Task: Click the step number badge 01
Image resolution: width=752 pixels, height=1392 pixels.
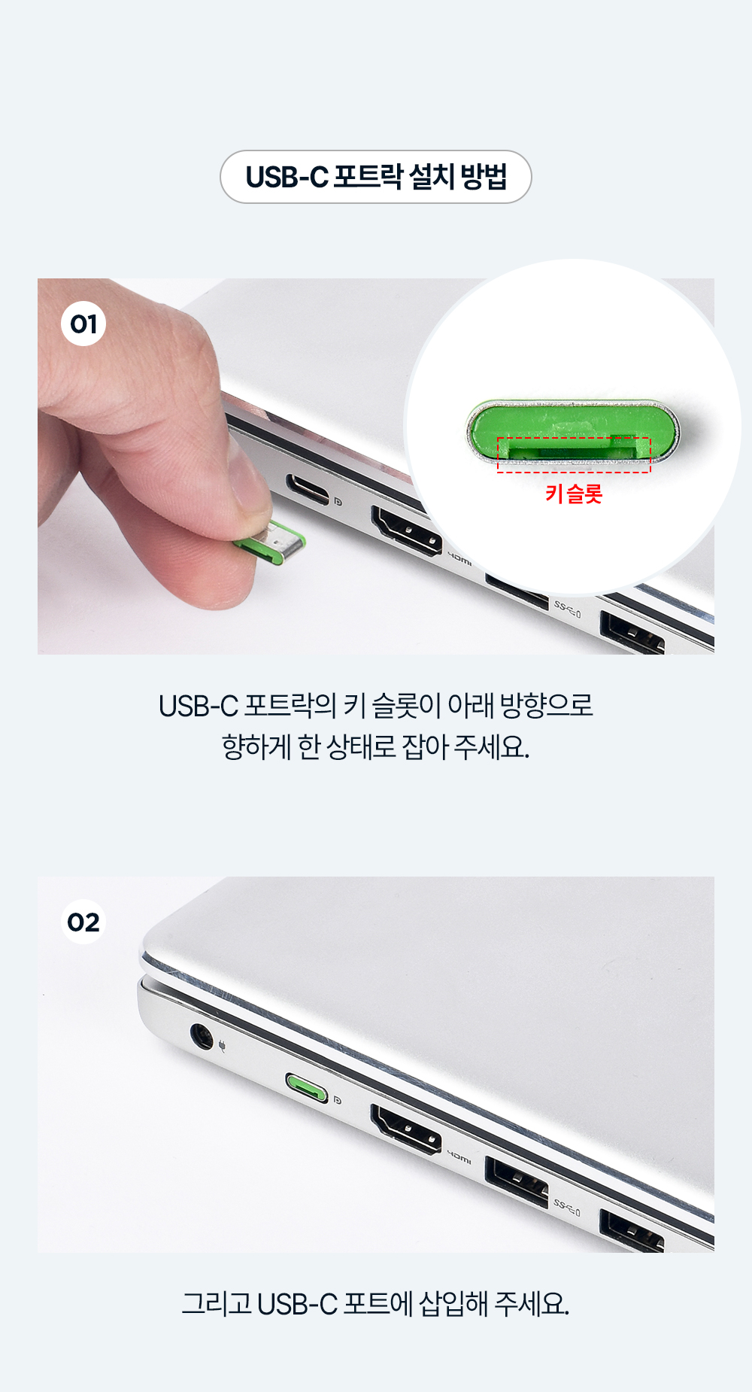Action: (x=83, y=324)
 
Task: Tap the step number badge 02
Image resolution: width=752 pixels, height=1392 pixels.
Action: (x=83, y=922)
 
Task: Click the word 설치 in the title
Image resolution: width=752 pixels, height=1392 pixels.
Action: (x=432, y=177)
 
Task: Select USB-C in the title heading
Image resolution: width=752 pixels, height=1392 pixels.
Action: (x=287, y=178)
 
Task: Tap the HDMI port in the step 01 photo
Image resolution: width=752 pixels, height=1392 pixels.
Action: (x=406, y=531)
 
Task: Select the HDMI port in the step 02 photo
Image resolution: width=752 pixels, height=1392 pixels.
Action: (x=406, y=1129)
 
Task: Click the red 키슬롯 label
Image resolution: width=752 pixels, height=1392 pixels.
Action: (x=574, y=494)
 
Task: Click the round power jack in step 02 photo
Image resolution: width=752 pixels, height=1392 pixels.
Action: (x=201, y=1036)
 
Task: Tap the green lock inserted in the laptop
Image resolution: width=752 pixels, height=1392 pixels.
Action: (x=307, y=1087)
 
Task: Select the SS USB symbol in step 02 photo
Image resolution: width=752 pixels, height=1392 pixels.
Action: (x=567, y=1208)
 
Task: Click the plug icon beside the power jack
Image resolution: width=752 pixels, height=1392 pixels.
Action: (x=222, y=1045)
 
